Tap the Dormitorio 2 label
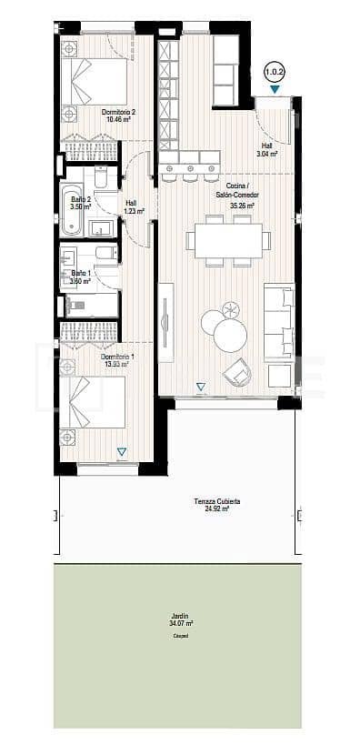click(118, 112)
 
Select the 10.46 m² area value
click(118, 119)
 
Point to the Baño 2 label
click(81, 199)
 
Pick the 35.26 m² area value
click(242, 206)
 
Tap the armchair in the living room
click(238, 370)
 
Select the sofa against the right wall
click(279, 319)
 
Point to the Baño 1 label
click(81, 273)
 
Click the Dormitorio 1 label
click(117, 357)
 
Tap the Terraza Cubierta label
click(216, 501)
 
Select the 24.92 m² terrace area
click(216, 509)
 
